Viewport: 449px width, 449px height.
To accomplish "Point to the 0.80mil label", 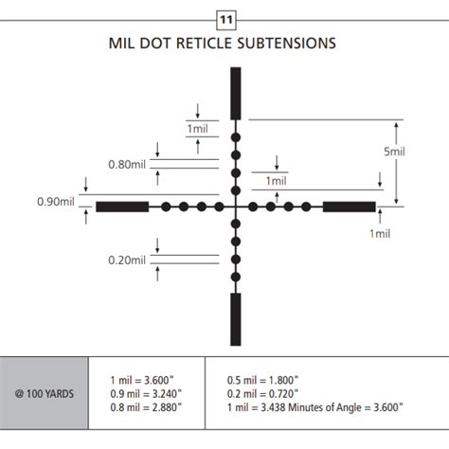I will pyautogui.click(x=127, y=163).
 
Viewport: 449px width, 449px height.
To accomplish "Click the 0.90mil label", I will pyautogui.click(x=56, y=201).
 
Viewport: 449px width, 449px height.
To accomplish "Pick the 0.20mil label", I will pyautogui.click(x=127, y=260).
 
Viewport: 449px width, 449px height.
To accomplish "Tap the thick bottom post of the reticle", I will pyautogui.click(x=236, y=320).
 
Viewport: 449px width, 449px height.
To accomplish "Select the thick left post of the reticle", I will pyautogui.click(x=122, y=207).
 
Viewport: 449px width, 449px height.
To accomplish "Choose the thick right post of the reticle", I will pyautogui.click(x=349, y=207).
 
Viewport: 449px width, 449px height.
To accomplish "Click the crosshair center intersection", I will pyautogui.click(x=236, y=207).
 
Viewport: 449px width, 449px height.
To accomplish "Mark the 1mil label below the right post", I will pyautogui.click(x=378, y=232).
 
